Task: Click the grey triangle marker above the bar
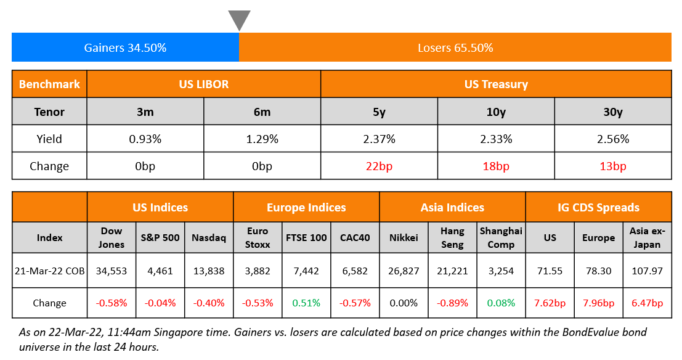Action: pyautogui.click(x=239, y=19)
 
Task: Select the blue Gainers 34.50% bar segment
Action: pyautogui.click(x=125, y=47)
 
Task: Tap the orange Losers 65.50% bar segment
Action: pyautogui.click(x=455, y=47)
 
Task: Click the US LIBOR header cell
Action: pyautogui.click(x=204, y=84)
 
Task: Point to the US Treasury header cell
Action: pyautogui.click(x=496, y=84)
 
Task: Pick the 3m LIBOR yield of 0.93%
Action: pyautogui.click(x=145, y=139)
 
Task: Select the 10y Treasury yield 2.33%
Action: pyautogui.click(x=496, y=139)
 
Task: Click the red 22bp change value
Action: pyautogui.click(x=380, y=166)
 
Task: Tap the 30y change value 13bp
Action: pyautogui.click(x=613, y=166)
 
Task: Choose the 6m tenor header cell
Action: pyautogui.click(x=262, y=112)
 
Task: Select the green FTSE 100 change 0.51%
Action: pyautogui.click(x=306, y=303)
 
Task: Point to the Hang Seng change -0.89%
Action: pyautogui.click(x=452, y=303)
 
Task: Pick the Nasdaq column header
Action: pyautogui.click(x=209, y=237)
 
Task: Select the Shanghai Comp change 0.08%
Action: pyautogui.click(x=501, y=303)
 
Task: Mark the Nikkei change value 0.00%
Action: pyautogui.click(x=404, y=303)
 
